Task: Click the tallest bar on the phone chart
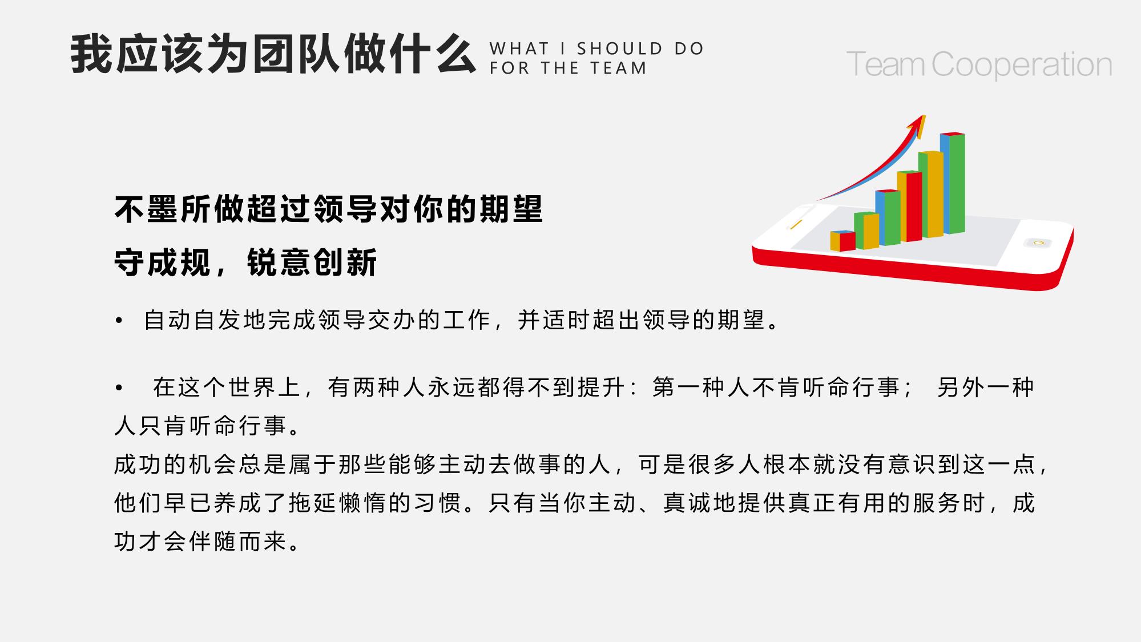[x=953, y=183]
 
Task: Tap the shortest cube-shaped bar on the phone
[x=842, y=241]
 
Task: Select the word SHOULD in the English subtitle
[x=620, y=49]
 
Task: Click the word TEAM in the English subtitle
[x=618, y=68]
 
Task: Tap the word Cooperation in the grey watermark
[x=1022, y=65]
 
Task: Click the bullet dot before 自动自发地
[x=119, y=321]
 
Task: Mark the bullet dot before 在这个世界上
[x=119, y=388]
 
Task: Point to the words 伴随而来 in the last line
[x=237, y=541]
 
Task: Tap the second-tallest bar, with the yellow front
[x=931, y=194]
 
